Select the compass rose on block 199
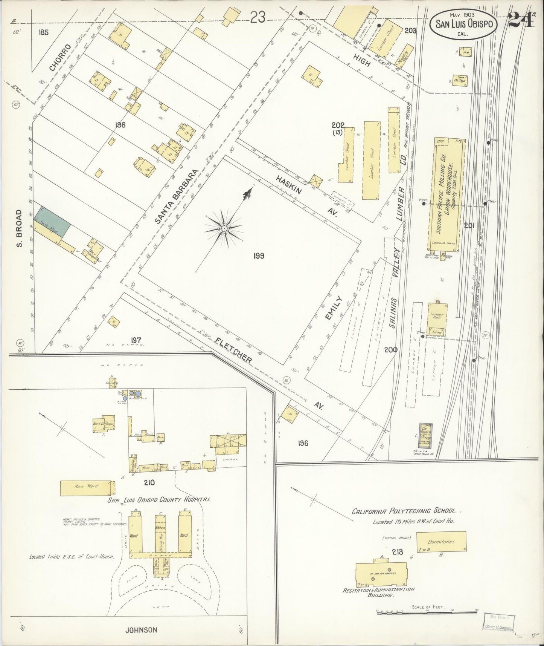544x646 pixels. (224, 228)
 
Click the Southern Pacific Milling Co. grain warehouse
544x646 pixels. (446, 194)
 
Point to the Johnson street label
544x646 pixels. (142, 630)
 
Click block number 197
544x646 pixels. (136, 341)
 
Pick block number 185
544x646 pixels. (43, 32)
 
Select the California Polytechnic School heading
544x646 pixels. (404, 511)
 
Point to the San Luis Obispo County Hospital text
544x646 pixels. (158, 499)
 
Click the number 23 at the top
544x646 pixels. (258, 17)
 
